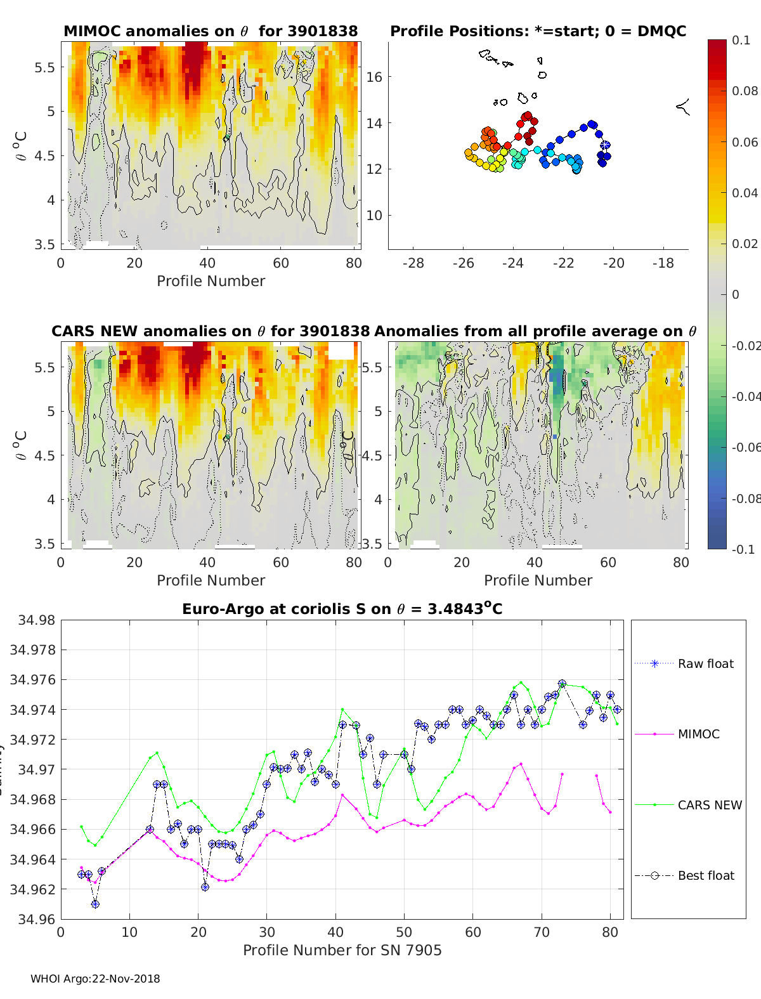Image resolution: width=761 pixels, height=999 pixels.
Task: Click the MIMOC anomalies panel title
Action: coord(211,31)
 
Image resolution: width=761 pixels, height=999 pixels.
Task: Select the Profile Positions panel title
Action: coord(538,31)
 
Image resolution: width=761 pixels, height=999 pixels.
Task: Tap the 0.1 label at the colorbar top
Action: coord(740,40)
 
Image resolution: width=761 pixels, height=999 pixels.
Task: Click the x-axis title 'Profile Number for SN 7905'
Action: coord(342,950)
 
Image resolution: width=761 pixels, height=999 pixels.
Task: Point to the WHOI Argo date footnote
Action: coord(95,979)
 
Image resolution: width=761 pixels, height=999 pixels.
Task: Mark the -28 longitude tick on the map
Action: coord(413,263)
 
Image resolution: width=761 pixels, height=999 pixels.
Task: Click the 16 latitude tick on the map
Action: coord(374,77)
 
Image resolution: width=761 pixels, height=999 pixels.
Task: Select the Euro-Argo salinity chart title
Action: coord(342,609)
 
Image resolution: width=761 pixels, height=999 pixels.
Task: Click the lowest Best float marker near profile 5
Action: coord(95,904)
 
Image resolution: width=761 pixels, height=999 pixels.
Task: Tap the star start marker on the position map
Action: coord(605,145)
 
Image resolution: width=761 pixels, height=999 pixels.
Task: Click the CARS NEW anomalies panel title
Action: coord(211,331)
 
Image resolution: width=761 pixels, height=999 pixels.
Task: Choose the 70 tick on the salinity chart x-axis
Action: coord(542,932)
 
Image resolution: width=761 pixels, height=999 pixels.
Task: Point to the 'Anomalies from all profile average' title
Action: coord(536,331)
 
